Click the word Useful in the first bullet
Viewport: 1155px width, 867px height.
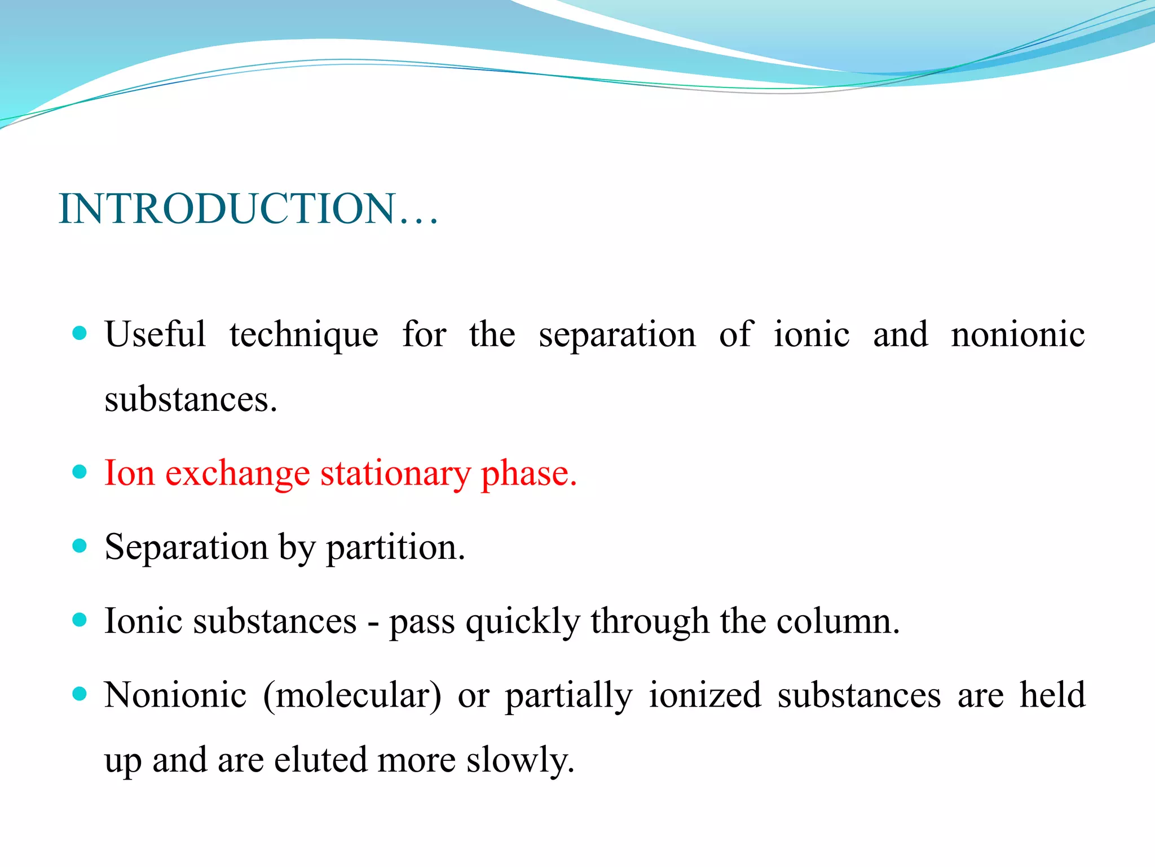click(x=155, y=334)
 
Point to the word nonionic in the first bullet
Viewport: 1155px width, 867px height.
click(x=1017, y=334)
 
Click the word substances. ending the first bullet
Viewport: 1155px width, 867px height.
click(x=191, y=400)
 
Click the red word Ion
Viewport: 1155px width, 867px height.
click(x=129, y=473)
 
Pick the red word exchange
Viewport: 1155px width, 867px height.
click(x=237, y=473)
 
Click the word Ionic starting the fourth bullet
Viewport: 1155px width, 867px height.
click(x=143, y=621)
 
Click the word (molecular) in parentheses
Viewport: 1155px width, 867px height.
click(x=352, y=695)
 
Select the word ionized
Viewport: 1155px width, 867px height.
click(x=705, y=695)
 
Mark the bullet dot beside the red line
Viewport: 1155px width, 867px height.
click(x=80, y=472)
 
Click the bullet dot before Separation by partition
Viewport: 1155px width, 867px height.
click(x=80, y=546)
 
